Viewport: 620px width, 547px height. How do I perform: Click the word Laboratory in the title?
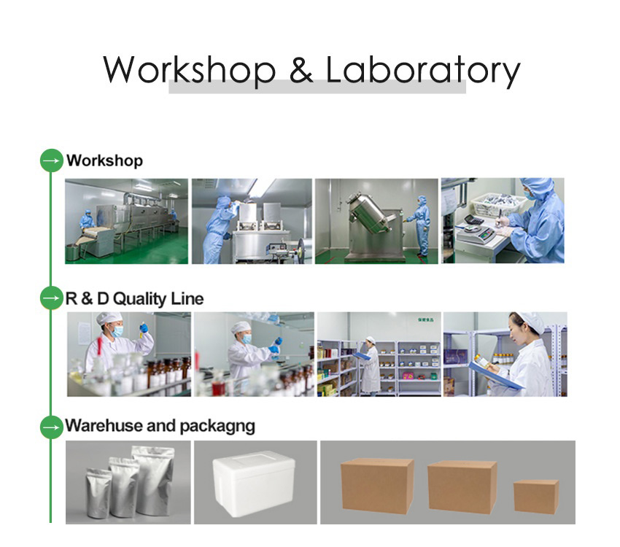point(422,70)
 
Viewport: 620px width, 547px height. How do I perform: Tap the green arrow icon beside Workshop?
point(51,160)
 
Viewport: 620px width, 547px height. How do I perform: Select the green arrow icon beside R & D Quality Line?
point(51,298)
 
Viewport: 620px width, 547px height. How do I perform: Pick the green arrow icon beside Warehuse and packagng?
point(51,427)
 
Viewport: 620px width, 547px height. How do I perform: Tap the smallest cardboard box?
point(535,496)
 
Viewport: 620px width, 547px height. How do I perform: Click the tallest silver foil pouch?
point(155,481)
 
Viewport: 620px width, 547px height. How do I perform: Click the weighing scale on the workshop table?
point(475,228)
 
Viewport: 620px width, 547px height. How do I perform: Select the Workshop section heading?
point(104,160)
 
